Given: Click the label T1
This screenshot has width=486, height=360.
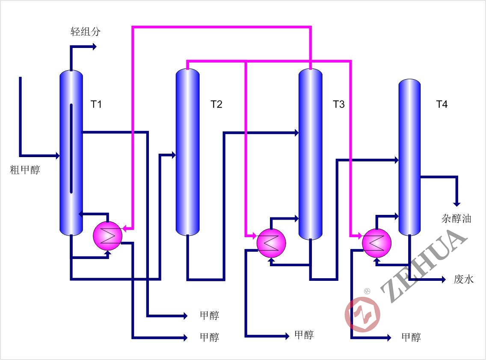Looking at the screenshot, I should click(x=96, y=104).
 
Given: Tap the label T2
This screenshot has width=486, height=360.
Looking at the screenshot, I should click(x=216, y=104).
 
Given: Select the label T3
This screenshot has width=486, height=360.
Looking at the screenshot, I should click(x=338, y=104).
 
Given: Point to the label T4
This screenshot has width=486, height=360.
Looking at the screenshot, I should click(x=442, y=104).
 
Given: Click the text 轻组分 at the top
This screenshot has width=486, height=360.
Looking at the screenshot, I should click(x=86, y=32).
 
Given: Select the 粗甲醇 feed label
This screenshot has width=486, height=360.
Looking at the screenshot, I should click(x=25, y=170).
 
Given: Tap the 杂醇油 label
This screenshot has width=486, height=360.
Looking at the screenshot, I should click(x=456, y=218).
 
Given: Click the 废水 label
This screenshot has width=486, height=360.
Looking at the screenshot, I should click(x=464, y=280).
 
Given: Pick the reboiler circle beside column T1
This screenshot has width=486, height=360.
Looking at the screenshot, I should click(x=108, y=235).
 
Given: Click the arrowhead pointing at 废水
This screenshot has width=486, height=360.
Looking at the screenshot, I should click(x=444, y=280).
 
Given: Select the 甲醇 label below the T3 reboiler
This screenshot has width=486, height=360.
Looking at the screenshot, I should click(x=304, y=335).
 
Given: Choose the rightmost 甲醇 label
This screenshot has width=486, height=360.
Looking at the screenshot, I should click(x=411, y=337).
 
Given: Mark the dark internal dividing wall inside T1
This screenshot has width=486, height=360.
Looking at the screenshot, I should click(x=71, y=148).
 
